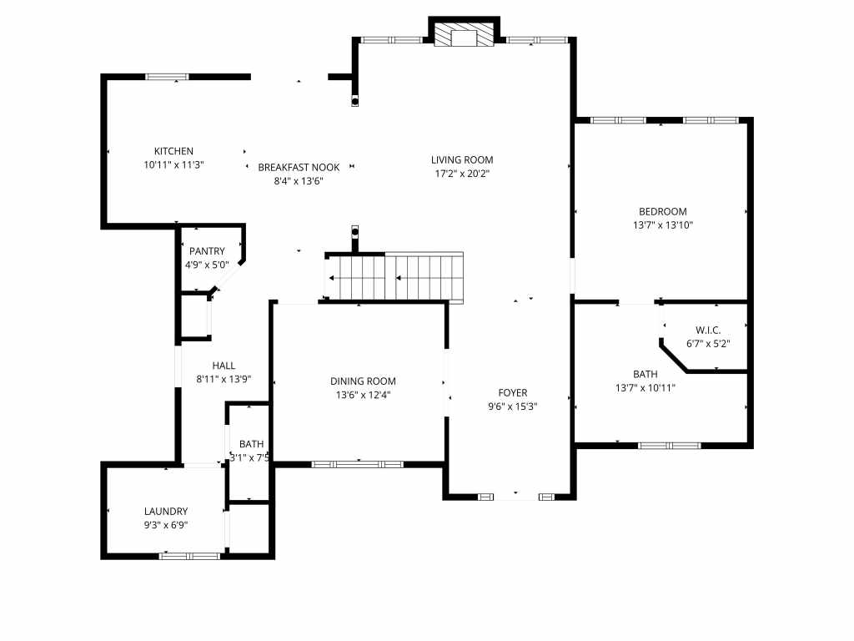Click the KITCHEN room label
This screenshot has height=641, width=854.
pyautogui.click(x=173, y=151)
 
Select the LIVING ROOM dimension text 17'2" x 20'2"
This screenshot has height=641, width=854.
pyautogui.click(x=462, y=174)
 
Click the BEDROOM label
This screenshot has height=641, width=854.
pyautogui.click(x=663, y=211)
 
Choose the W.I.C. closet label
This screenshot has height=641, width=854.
pyautogui.click(x=708, y=330)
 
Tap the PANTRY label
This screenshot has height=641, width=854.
pyautogui.click(x=207, y=251)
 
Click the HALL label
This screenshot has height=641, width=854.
pyautogui.click(x=224, y=365)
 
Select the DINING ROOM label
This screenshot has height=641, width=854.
pyautogui.click(x=363, y=381)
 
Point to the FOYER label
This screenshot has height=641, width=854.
pyautogui.click(x=513, y=392)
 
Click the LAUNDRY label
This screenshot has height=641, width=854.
pyautogui.click(x=166, y=511)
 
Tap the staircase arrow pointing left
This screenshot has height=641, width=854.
pyautogui.click(x=332, y=278)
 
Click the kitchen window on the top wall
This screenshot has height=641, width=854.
pyautogui.click(x=168, y=77)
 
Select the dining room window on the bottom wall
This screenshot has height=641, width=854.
pyautogui.click(x=357, y=463)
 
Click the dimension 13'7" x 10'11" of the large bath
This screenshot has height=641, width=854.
pyautogui.click(x=646, y=387)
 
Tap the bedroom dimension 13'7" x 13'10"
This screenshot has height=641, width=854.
pyautogui.click(x=663, y=225)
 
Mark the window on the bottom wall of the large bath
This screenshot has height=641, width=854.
pyautogui.click(x=670, y=446)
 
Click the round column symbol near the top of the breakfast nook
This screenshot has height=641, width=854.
pyautogui.click(x=355, y=101)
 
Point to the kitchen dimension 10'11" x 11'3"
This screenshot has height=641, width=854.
pyautogui.click(x=173, y=164)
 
